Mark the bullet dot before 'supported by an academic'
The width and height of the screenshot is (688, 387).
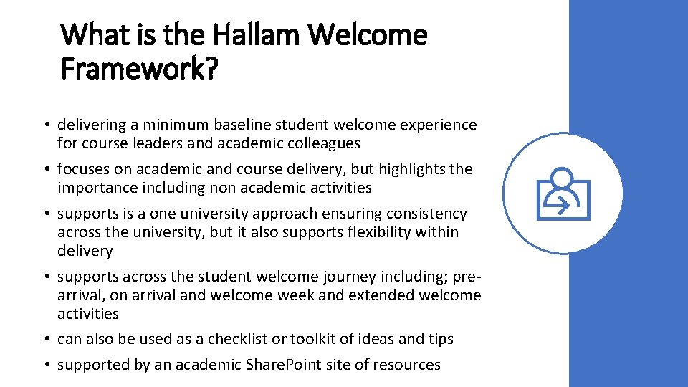[x=45, y=365]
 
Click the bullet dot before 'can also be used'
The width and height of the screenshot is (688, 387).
[x=45, y=338]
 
